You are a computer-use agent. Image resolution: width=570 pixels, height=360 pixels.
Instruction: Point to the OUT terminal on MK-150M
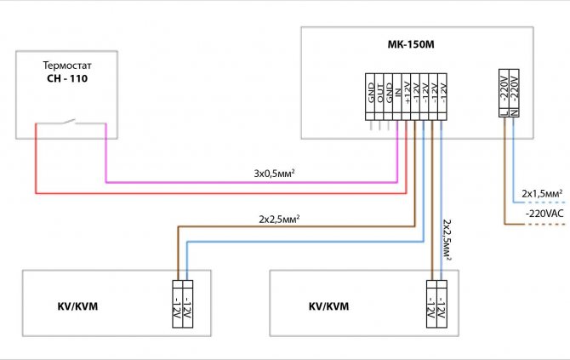[381, 97]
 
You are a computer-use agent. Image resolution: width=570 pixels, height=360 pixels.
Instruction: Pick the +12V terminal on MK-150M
[408, 97]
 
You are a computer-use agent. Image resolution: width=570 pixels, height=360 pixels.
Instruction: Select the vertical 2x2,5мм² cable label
[449, 239]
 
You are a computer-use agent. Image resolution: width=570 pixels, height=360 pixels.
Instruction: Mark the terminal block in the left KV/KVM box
[180, 304]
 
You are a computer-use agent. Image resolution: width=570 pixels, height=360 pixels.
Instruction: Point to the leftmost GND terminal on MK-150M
[371, 97]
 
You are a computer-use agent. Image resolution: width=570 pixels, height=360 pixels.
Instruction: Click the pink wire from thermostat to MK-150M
[255, 180]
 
